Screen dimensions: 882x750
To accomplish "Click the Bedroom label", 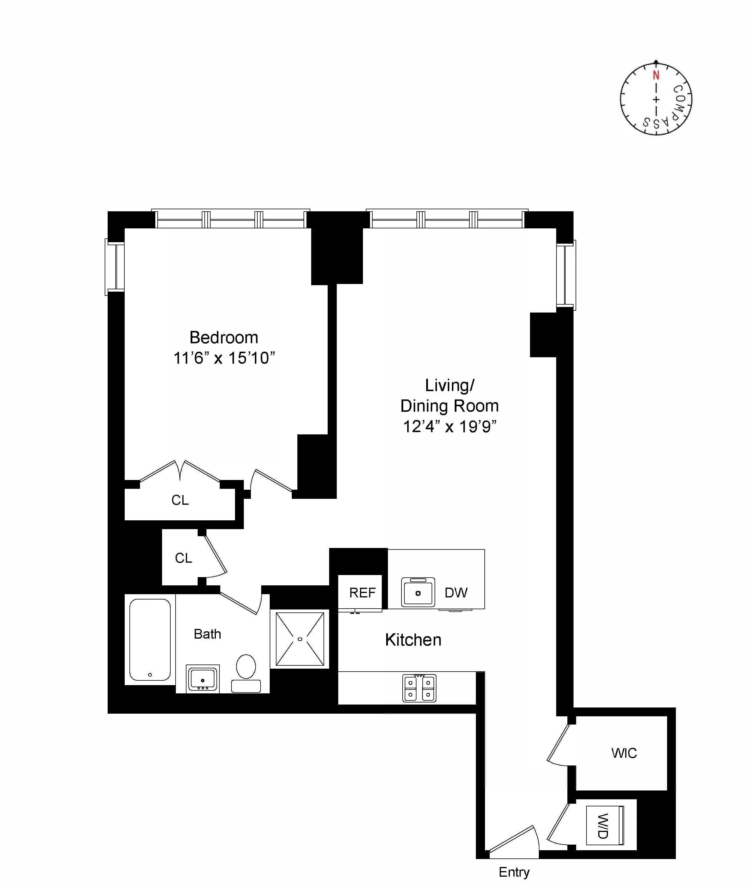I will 224,337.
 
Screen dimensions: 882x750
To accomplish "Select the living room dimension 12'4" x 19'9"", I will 449,426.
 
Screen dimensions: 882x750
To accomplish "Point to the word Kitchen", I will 413,640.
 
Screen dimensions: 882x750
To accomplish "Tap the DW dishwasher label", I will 456,593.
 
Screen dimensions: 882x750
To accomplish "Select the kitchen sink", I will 418,592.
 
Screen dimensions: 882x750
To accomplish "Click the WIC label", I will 624,753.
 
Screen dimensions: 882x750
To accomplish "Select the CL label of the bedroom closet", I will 180,500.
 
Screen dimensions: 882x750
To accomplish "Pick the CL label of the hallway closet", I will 183,558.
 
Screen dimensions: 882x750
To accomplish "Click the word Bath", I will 207,634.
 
